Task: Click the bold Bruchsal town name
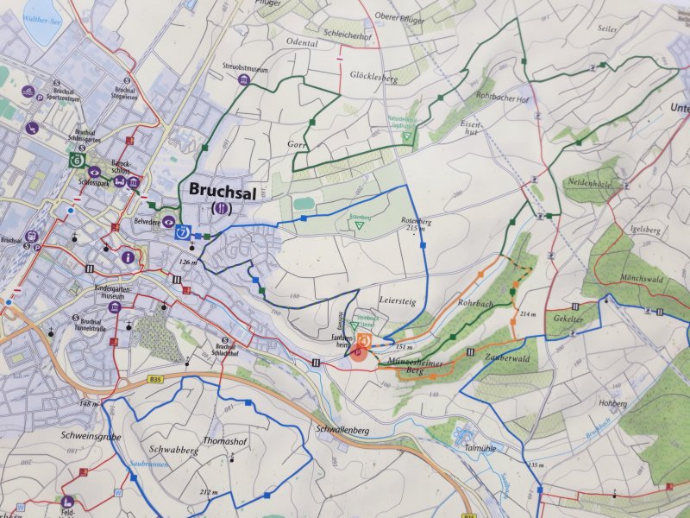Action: click(x=221, y=189)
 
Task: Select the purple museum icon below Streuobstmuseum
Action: click(x=245, y=80)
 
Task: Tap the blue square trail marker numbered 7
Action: click(x=182, y=231)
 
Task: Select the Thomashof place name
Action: click(x=227, y=439)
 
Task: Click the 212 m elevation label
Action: click(x=209, y=491)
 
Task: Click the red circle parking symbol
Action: click(x=358, y=353)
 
